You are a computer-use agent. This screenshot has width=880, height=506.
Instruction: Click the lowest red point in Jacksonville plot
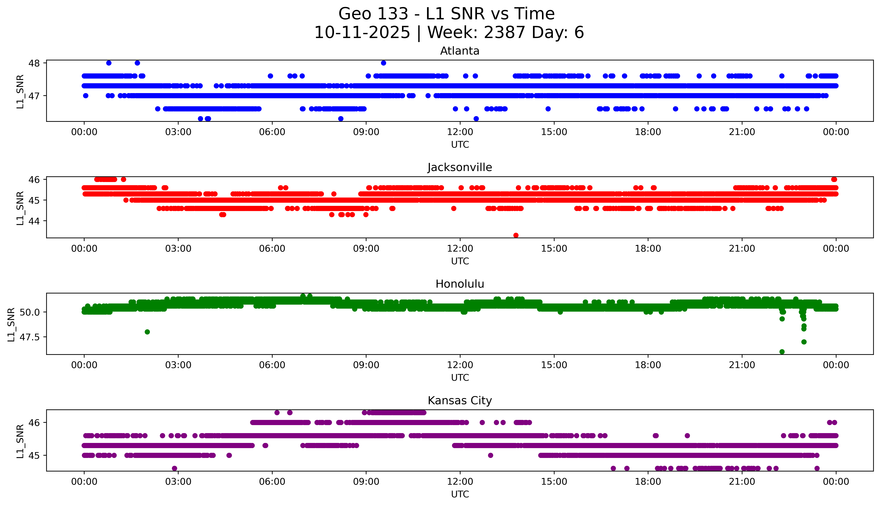point(516,235)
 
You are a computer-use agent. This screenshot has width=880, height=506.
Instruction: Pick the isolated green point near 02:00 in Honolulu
point(147,332)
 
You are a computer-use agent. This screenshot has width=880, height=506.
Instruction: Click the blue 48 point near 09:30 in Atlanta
point(383,63)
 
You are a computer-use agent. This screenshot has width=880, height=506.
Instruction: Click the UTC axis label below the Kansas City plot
point(460,494)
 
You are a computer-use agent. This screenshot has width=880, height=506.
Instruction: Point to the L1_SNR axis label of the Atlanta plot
point(20,91)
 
